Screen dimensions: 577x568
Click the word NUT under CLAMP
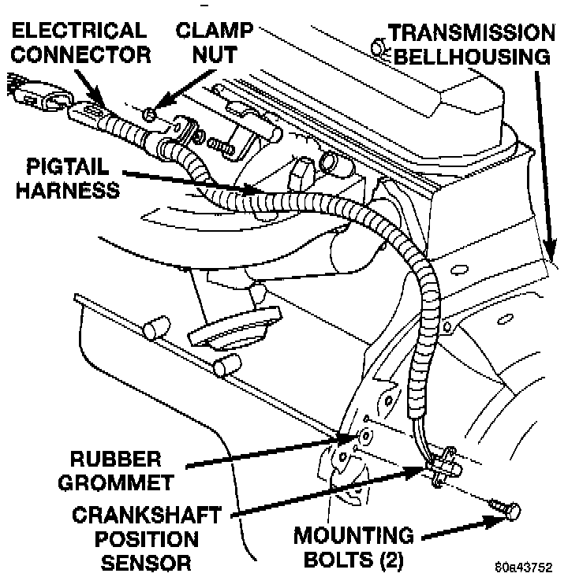[215, 54]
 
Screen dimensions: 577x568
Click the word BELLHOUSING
[472, 56]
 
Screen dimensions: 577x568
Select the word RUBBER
[115, 460]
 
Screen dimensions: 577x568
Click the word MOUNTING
[353, 536]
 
